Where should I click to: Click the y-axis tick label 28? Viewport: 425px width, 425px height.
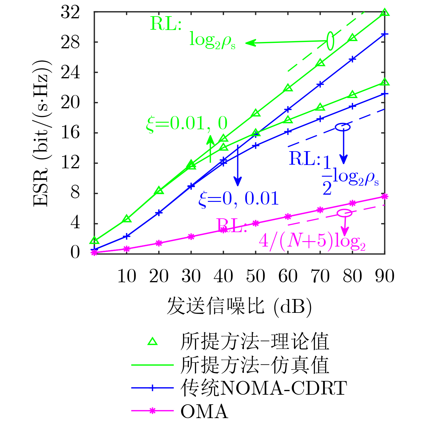[70, 42]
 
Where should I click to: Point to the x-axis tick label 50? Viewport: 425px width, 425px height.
[256, 276]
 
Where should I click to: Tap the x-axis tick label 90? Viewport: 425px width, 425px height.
[385, 276]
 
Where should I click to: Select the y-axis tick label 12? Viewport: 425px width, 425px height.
[70, 163]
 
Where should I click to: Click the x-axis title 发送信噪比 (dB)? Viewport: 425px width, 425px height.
[239, 306]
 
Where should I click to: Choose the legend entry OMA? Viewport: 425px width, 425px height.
[204, 411]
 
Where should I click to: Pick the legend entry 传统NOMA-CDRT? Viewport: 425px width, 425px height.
[263, 388]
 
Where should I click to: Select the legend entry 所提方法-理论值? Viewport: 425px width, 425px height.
[254, 342]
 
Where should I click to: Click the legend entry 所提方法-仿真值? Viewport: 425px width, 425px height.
[254, 365]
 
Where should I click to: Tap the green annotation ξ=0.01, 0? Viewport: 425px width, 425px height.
[187, 123]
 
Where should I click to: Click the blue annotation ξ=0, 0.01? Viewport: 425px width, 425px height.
[239, 199]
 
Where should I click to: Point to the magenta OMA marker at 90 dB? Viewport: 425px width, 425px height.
[385, 196]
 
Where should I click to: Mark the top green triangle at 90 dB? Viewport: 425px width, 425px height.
[385, 13]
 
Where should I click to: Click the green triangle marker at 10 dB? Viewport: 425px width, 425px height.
[127, 219]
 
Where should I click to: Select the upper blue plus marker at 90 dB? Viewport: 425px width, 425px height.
[385, 34]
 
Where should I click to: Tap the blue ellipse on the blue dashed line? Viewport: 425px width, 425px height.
[343, 127]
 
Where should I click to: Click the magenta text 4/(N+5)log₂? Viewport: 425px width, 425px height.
[312, 241]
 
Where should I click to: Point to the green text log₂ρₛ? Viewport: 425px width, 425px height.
[212, 40]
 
